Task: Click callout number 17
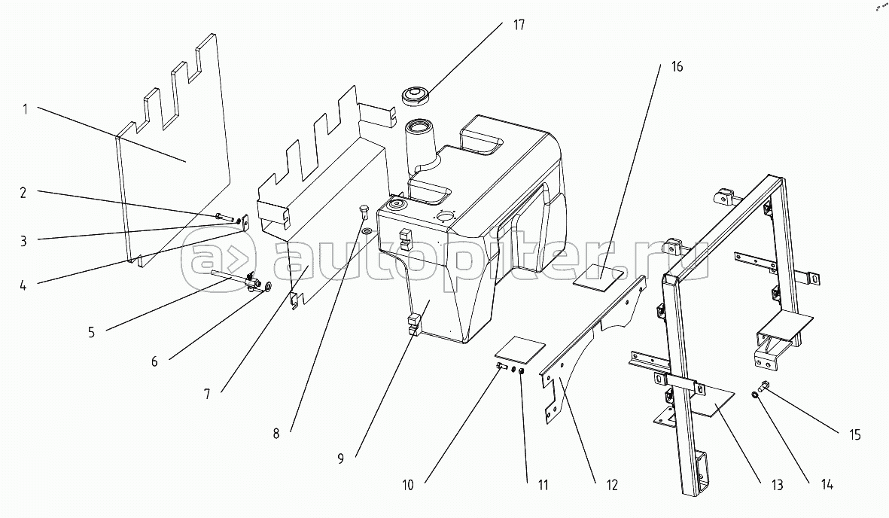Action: tap(519, 25)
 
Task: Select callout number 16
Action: tap(677, 67)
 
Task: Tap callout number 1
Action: tap(25, 108)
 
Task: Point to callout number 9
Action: tap(341, 458)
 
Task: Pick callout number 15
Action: tap(854, 434)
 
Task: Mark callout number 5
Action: tap(91, 332)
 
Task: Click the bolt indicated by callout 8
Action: tap(365, 210)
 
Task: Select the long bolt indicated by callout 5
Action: tap(233, 279)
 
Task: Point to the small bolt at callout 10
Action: tap(501, 367)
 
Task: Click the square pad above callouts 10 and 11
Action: tap(519, 348)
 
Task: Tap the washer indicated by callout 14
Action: tap(754, 394)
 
